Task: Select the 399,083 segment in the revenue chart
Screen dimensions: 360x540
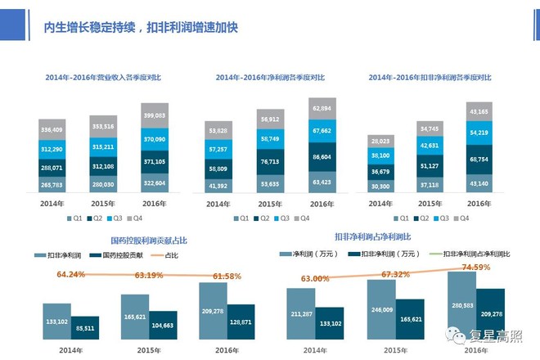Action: coord(155,115)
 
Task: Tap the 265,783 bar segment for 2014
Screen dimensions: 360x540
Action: coord(52,184)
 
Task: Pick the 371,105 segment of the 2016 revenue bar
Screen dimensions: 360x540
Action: coord(155,162)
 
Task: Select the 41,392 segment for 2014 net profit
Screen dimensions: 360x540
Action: coord(218,187)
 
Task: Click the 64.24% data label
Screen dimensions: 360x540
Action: coord(71,275)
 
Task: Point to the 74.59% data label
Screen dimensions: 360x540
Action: coord(475,267)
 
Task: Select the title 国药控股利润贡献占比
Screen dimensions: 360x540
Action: coord(148,241)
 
